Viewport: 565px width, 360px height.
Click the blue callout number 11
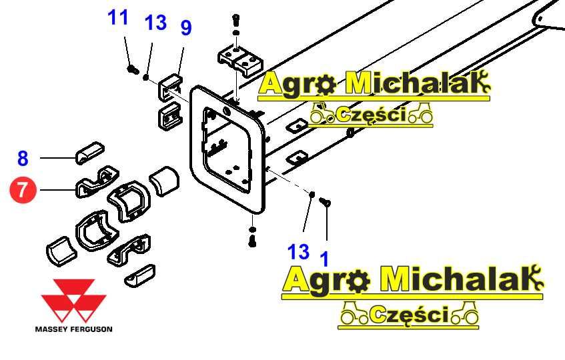[x=118, y=18]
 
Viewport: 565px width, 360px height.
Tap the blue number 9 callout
[x=186, y=28]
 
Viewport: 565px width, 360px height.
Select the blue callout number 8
[x=23, y=159]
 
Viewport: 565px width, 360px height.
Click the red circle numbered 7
[x=23, y=191]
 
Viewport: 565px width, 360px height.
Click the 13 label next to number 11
[x=155, y=23]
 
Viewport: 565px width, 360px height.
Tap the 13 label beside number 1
[x=299, y=251]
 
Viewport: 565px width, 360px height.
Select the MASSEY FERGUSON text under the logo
[x=73, y=329]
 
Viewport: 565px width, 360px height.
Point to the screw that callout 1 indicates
[x=325, y=202]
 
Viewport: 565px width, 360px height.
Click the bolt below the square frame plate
[x=252, y=241]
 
